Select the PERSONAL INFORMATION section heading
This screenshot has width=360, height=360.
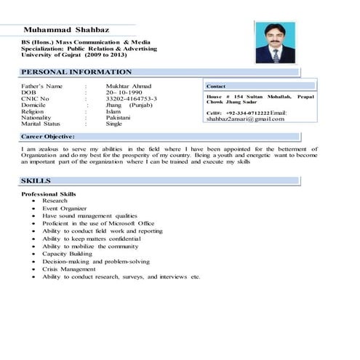[x=76, y=72]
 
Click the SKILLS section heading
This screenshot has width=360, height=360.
[x=36, y=180]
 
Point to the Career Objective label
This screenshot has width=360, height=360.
[x=48, y=136]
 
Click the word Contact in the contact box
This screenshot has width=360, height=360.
[x=217, y=86]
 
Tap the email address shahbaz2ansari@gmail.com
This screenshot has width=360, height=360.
[x=245, y=119]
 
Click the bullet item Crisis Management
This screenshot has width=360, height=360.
[x=73, y=269]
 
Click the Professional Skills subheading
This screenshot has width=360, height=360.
[x=48, y=194]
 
